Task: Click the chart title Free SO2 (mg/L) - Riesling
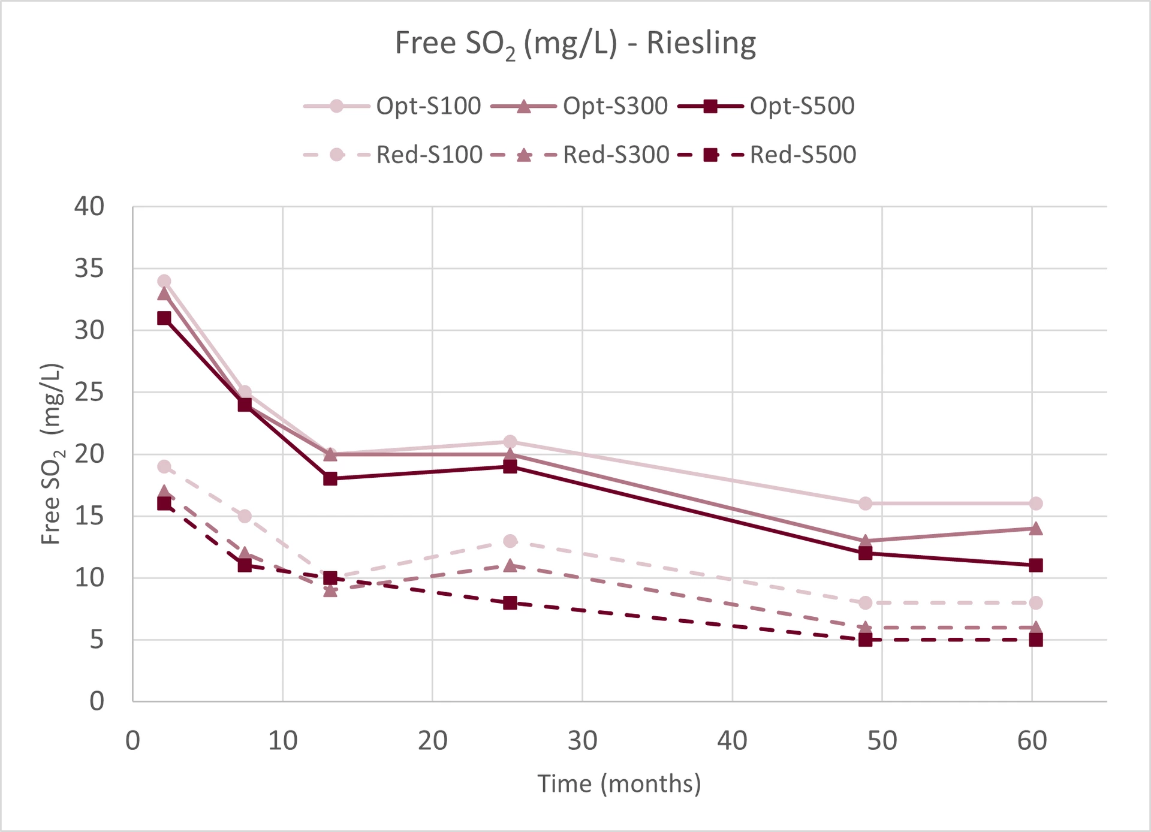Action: click(575, 44)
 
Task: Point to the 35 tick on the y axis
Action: click(89, 269)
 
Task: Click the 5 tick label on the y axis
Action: click(97, 640)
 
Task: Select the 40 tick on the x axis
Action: click(732, 741)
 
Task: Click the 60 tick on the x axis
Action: click(1032, 741)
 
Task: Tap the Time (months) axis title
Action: click(619, 783)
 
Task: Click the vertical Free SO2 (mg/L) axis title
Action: click(52, 454)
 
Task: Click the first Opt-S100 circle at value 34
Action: click(164, 281)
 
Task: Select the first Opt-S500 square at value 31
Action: click(164, 318)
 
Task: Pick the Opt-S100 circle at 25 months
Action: click(510, 442)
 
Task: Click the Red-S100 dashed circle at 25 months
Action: click(510, 541)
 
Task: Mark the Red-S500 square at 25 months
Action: click(510, 603)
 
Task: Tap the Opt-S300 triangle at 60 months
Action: click(1035, 529)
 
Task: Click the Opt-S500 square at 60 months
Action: click(1035, 565)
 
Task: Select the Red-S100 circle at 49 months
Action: click(865, 603)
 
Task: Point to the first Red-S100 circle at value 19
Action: click(164, 467)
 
